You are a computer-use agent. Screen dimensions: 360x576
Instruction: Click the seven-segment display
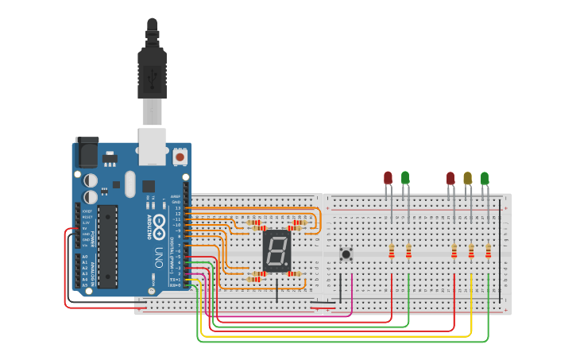275,251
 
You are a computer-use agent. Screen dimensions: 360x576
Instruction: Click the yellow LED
467,179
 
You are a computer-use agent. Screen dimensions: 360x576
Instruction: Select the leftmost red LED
388,178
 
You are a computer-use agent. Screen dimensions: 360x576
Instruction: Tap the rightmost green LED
485,179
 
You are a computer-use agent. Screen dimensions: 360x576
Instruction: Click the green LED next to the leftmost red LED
405,178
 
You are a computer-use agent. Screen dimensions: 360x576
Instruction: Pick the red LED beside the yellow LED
450,179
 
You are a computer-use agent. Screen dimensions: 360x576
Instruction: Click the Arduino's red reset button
180,157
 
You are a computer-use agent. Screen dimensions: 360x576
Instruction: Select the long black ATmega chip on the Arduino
107,246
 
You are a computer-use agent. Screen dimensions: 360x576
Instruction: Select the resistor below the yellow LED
471,251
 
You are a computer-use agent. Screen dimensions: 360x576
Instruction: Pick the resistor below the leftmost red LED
392,251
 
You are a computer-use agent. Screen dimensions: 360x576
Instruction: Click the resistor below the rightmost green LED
488,251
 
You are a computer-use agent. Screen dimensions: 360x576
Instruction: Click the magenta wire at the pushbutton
351,294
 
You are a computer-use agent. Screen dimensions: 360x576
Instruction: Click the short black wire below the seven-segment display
276,290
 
